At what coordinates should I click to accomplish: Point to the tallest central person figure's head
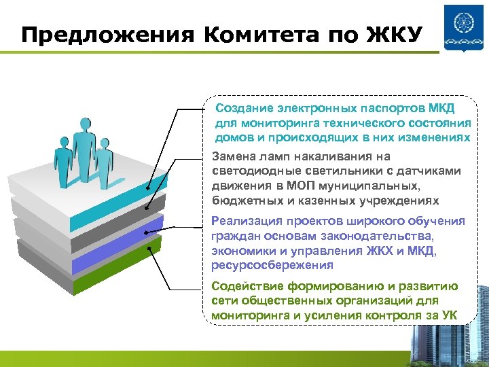pos(85,122)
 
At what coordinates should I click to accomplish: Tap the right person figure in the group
pos(104,161)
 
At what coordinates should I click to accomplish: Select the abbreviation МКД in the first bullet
pos(441,108)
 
